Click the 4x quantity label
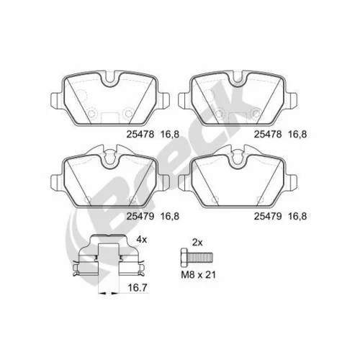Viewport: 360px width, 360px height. pyautogui.click(x=141, y=240)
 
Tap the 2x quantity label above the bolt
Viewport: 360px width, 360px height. pyautogui.click(x=197, y=243)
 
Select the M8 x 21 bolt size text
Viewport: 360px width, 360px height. pyautogui.click(x=198, y=274)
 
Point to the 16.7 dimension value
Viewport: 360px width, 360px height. pyautogui.click(x=138, y=287)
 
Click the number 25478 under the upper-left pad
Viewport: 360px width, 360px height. pyautogui.click(x=140, y=134)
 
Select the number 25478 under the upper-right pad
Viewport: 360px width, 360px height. pyautogui.click(x=268, y=134)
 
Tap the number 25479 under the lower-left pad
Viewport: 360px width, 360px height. pyautogui.click(x=140, y=217)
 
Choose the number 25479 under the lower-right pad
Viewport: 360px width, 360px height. pyautogui.click(x=268, y=217)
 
